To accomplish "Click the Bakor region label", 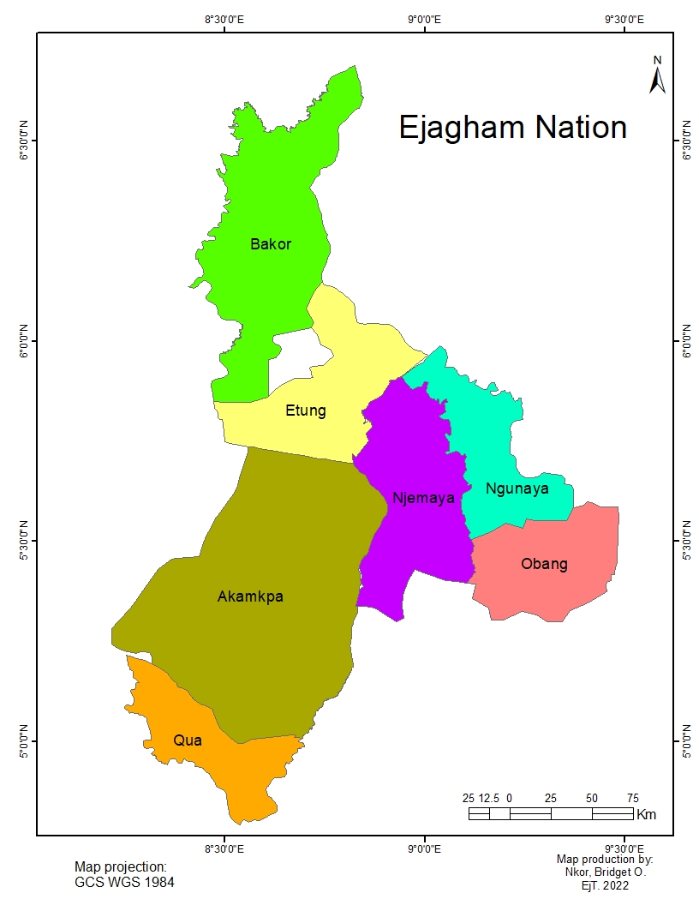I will pyautogui.click(x=271, y=244).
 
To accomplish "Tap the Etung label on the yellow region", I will pyautogui.click(x=306, y=411).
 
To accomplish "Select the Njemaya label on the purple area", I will pyautogui.click(x=423, y=498).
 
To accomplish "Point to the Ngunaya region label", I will pyautogui.click(x=517, y=489).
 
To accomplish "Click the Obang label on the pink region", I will pyautogui.click(x=544, y=564).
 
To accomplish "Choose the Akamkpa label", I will pyautogui.click(x=250, y=596).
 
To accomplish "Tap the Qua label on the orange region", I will pyautogui.click(x=188, y=740).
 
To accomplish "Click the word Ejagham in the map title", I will pyautogui.click(x=462, y=128).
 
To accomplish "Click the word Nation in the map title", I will pyautogui.click(x=581, y=128).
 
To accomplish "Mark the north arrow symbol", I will pyautogui.click(x=658, y=81).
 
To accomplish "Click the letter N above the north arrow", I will pyautogui.click(x=658, y=60).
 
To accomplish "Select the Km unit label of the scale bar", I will pyautogui.click(x=647, y=814).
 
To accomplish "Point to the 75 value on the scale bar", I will pyautogui.click(x=632, y=799).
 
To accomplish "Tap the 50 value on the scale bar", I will pyautogui.click(x=591, y=799).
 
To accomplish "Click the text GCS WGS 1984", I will pyautogui.click(x=125, y=882).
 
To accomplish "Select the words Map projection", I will pyautogui.click(x=120, y=867).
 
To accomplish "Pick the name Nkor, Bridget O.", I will pyautogui.click(x=604, y=872).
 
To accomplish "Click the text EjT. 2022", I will pyautogui.click(x=604, y=885).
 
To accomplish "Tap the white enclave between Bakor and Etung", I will pyautogui.click(x=287, y=359).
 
